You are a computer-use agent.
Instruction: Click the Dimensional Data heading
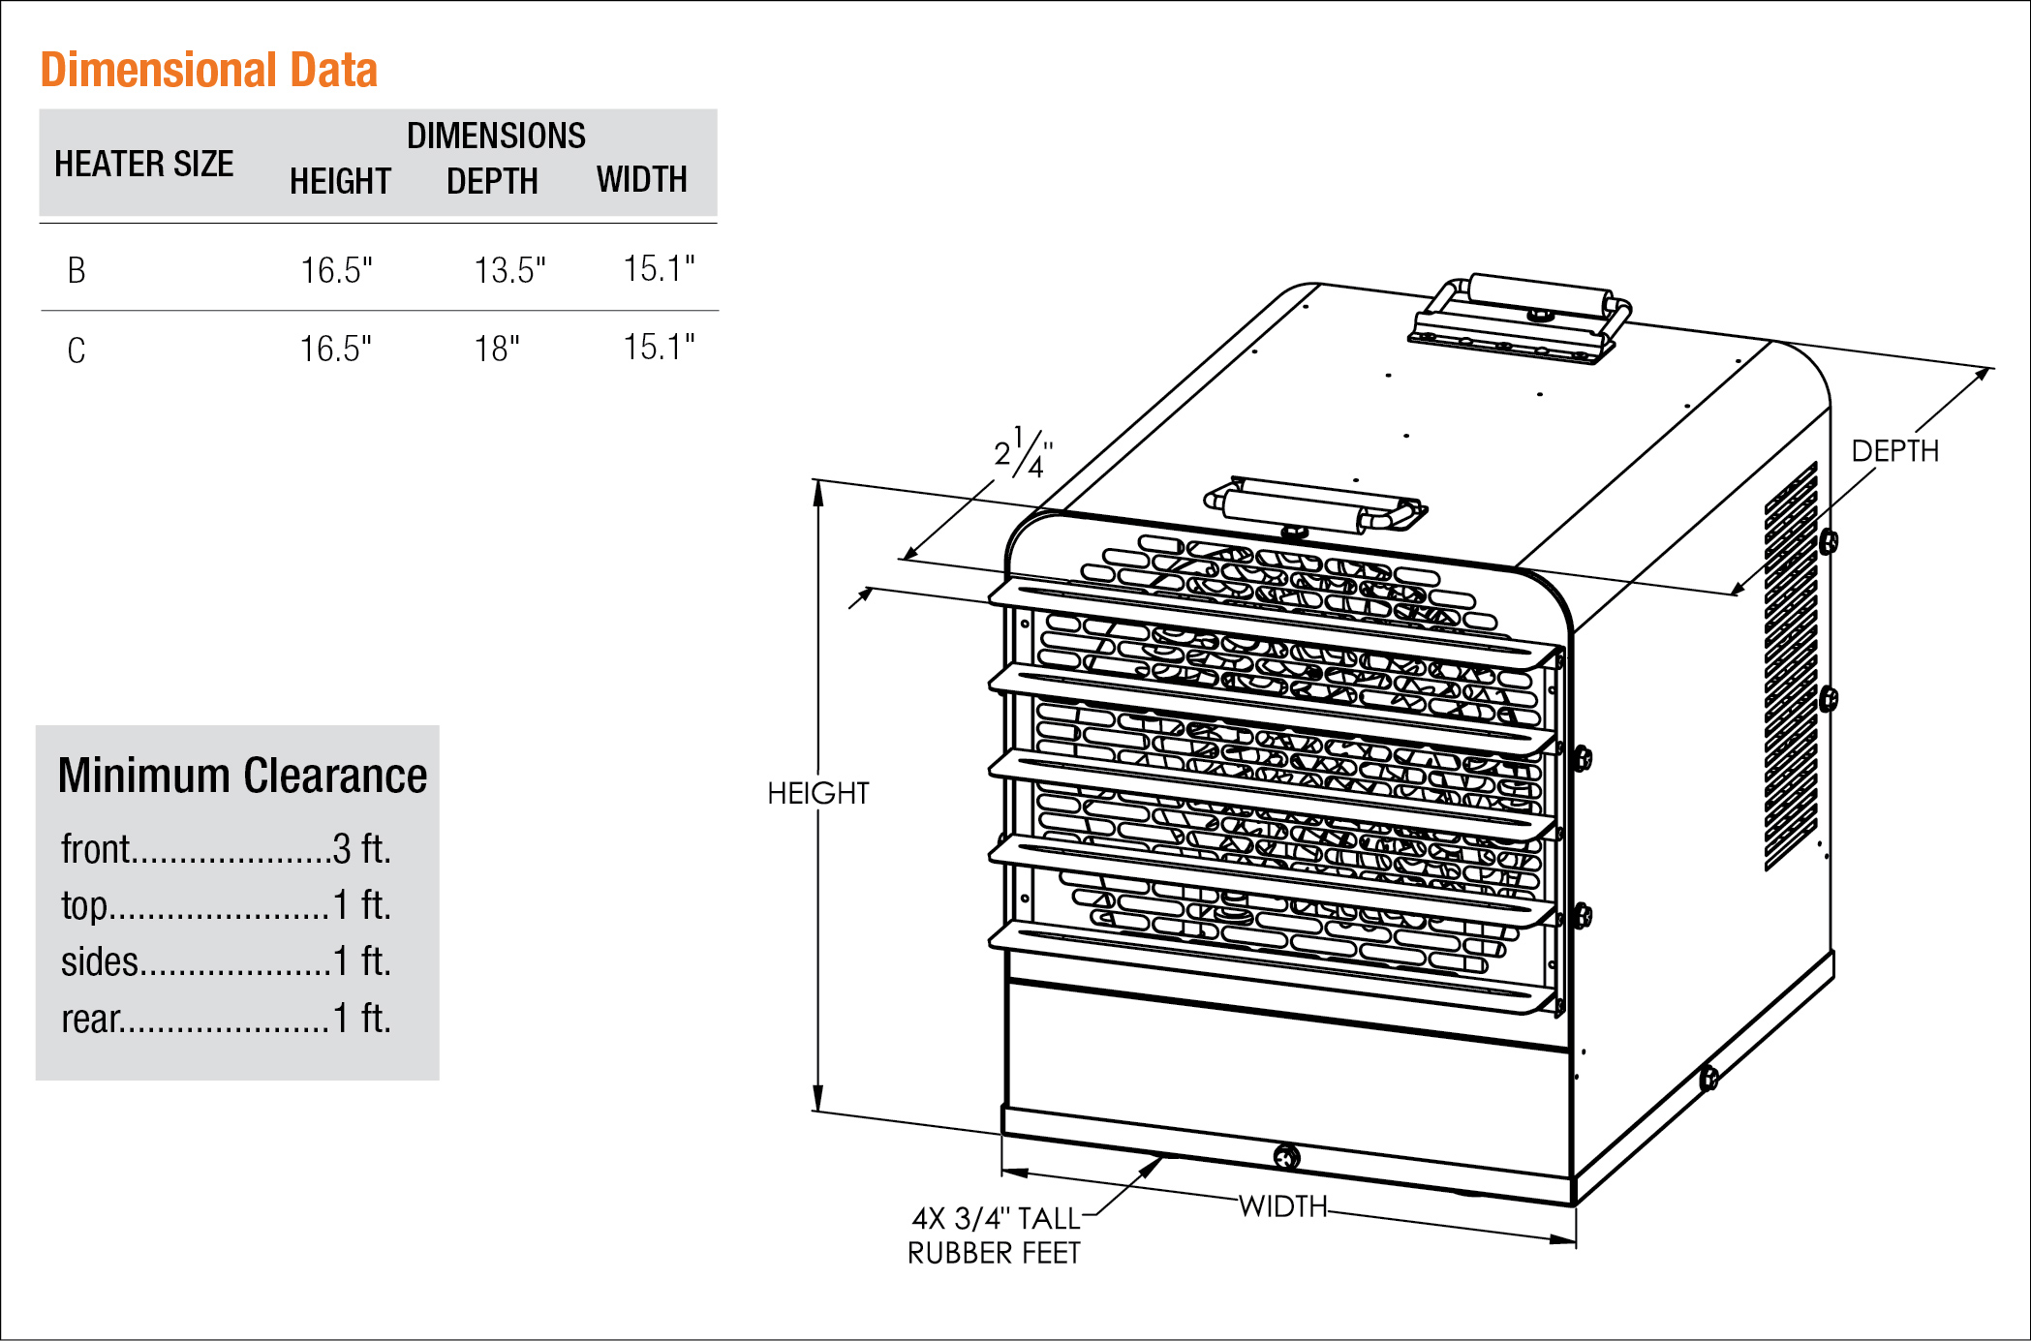(208, 70)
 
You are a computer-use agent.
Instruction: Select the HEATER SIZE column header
(143, 164)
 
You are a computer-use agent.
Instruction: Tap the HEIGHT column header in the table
(340, 181)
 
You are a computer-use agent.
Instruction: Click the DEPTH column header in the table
(492, 181)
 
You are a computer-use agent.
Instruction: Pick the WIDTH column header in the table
(641, 179)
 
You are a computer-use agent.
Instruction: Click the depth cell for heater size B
(509, 270)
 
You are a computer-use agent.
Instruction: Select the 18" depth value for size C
(497, 349)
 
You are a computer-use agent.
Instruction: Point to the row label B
(77, 270)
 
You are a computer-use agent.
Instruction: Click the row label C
(77, 350)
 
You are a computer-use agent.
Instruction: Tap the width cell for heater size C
(659, 347)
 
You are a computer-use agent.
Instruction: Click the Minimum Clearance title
(242, 776)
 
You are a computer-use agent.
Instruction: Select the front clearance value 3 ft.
(362, 849)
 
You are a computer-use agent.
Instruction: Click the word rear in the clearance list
(91, 1019)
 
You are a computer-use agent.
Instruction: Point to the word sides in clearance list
(100, 961)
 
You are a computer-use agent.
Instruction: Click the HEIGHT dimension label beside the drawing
(817, 793)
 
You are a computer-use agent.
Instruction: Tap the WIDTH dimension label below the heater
(1282, 1206)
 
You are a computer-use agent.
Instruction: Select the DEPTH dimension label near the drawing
(1894, 451)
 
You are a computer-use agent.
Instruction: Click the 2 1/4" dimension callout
(1023, 452)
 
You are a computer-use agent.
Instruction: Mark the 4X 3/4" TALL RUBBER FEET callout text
(994, 1235)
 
